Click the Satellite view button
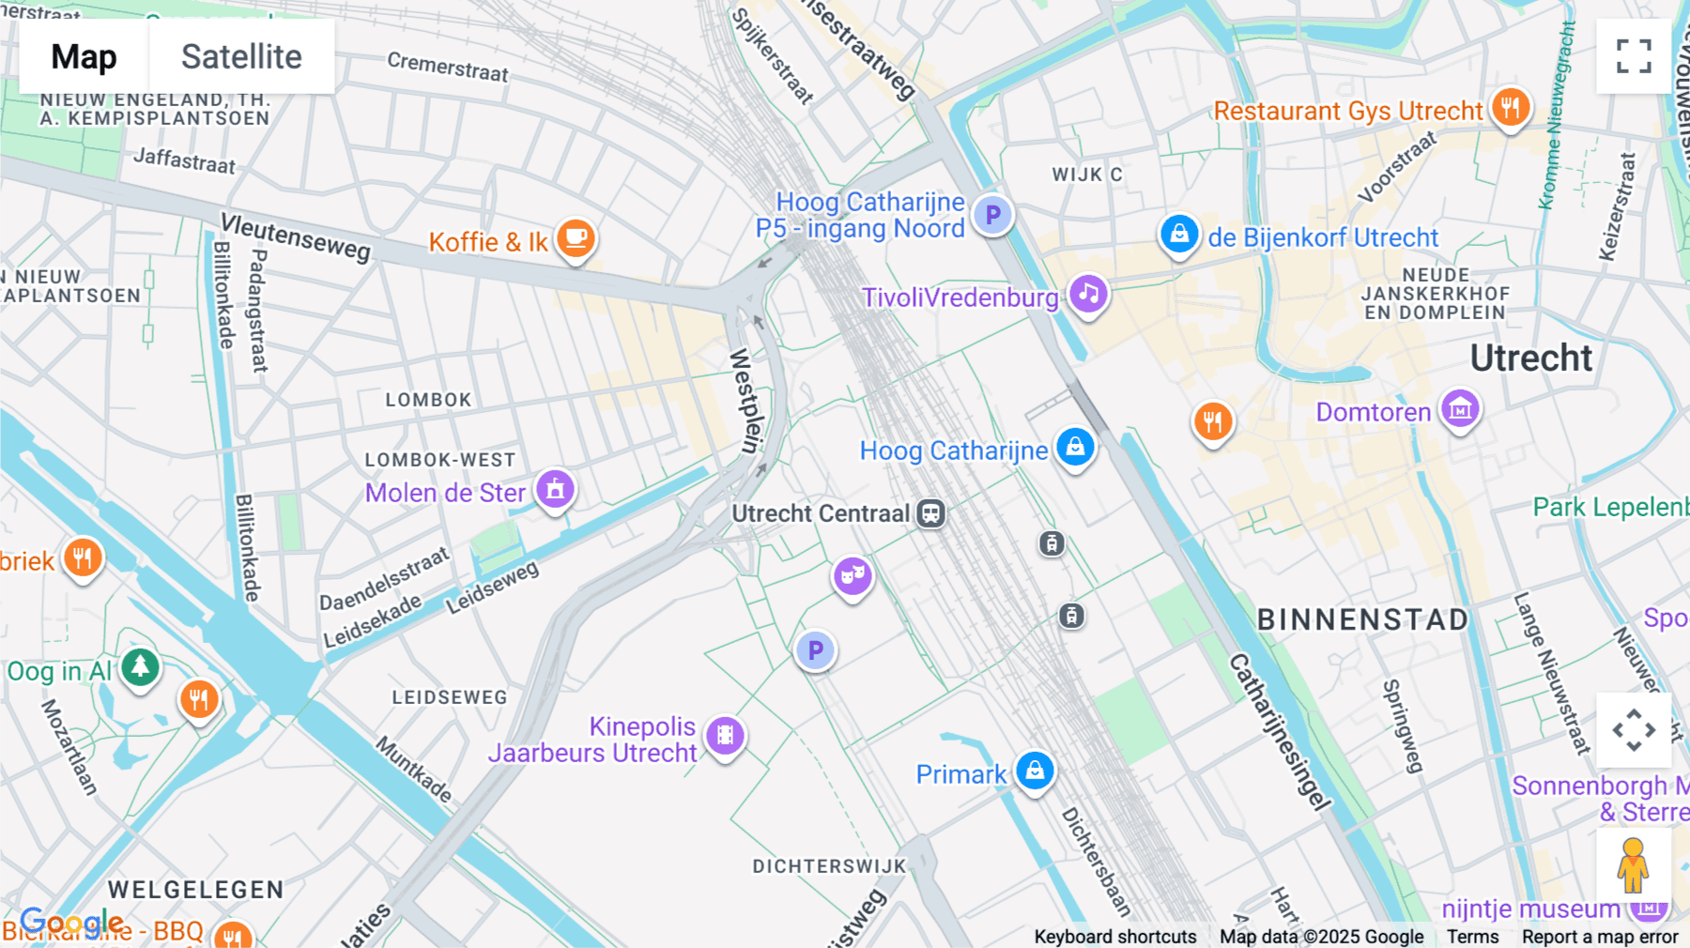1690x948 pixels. tap(241, 56)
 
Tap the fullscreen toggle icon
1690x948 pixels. tap(1634, 56)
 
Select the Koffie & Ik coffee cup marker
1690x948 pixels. tap(576, 238)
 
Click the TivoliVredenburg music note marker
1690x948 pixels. tap(1088, 294)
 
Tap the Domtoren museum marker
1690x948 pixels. tap(1460, 409)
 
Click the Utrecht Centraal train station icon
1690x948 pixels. tap(930, 513)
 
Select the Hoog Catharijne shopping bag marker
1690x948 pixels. tap(1075, 447)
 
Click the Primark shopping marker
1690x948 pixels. tap(1035, 771)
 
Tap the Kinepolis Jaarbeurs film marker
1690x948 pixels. tap(725, 736)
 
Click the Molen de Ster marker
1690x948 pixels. tap(555, 489)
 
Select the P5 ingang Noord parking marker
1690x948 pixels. tap(992, 215)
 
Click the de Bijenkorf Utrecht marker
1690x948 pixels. tap(1179, 234)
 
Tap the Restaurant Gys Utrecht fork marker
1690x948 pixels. tap(1510, 108)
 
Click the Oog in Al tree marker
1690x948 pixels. tap(140, 667)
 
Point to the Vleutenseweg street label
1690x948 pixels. tap(296, 237)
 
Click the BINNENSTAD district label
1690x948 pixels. tap(1362, 619)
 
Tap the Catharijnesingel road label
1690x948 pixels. tap(1279, 732)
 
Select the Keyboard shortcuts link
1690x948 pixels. tap(1114, 936)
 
